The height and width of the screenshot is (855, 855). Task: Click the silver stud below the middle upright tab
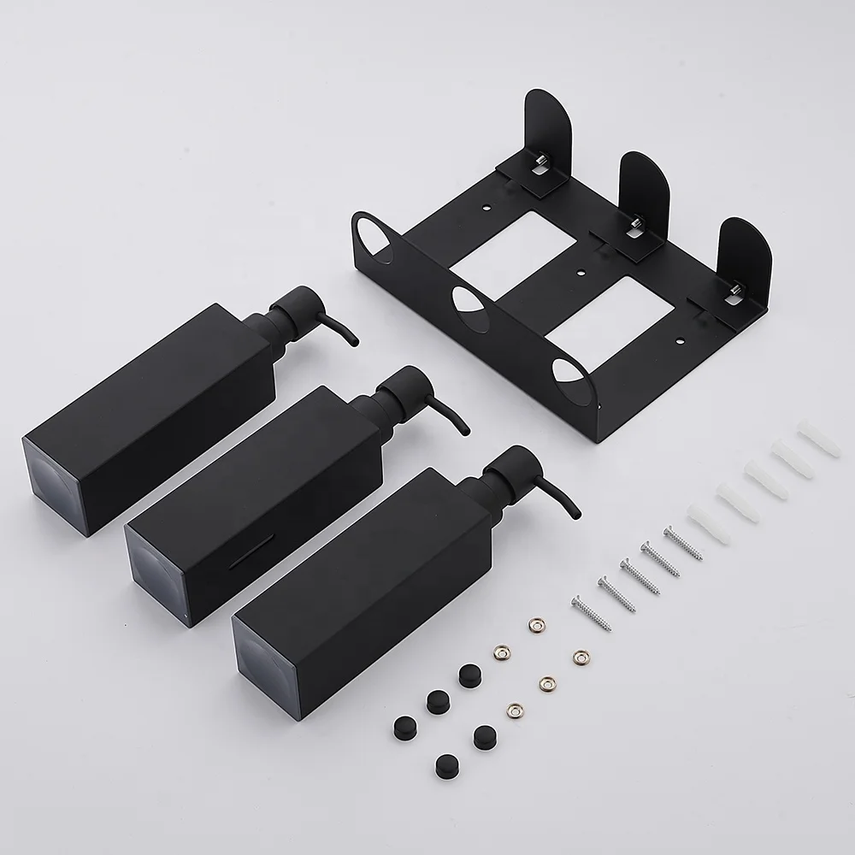(634, 224)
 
